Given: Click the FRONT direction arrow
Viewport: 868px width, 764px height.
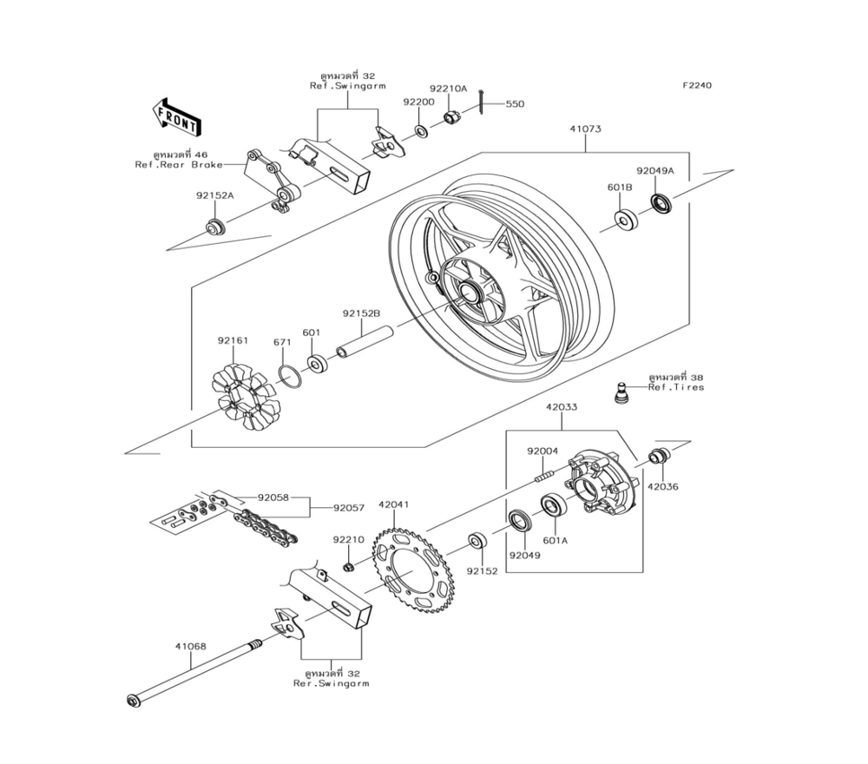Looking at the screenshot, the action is [x=176, y=117].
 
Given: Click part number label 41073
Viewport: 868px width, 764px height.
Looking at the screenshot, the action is [x=585, y=129].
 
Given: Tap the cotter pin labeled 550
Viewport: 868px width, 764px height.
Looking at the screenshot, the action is [x=482, y=102].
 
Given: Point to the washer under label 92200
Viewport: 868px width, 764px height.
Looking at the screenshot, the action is [x=421, y=132].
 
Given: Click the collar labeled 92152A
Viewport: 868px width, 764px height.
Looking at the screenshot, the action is [x=215, y=227].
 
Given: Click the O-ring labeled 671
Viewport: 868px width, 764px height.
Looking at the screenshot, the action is [x=290, y=377].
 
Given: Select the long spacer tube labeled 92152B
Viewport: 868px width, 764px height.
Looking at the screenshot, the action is [x=365, y=343].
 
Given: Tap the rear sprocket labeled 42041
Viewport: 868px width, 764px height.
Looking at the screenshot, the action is [x=413, y=572].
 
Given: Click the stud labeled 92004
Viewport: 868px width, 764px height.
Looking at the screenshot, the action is [x=543, y=475].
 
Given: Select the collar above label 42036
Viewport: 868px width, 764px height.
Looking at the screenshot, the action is [x=659, y=456].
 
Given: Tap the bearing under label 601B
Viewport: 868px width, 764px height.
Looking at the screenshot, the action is [x=626, y=220].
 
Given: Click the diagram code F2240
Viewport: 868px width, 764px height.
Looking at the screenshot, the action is [x=697, y=85].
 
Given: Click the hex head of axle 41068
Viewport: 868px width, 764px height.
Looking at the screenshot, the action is [x=134, y=701].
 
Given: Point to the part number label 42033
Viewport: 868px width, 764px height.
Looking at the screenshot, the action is [x=562, y=407].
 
